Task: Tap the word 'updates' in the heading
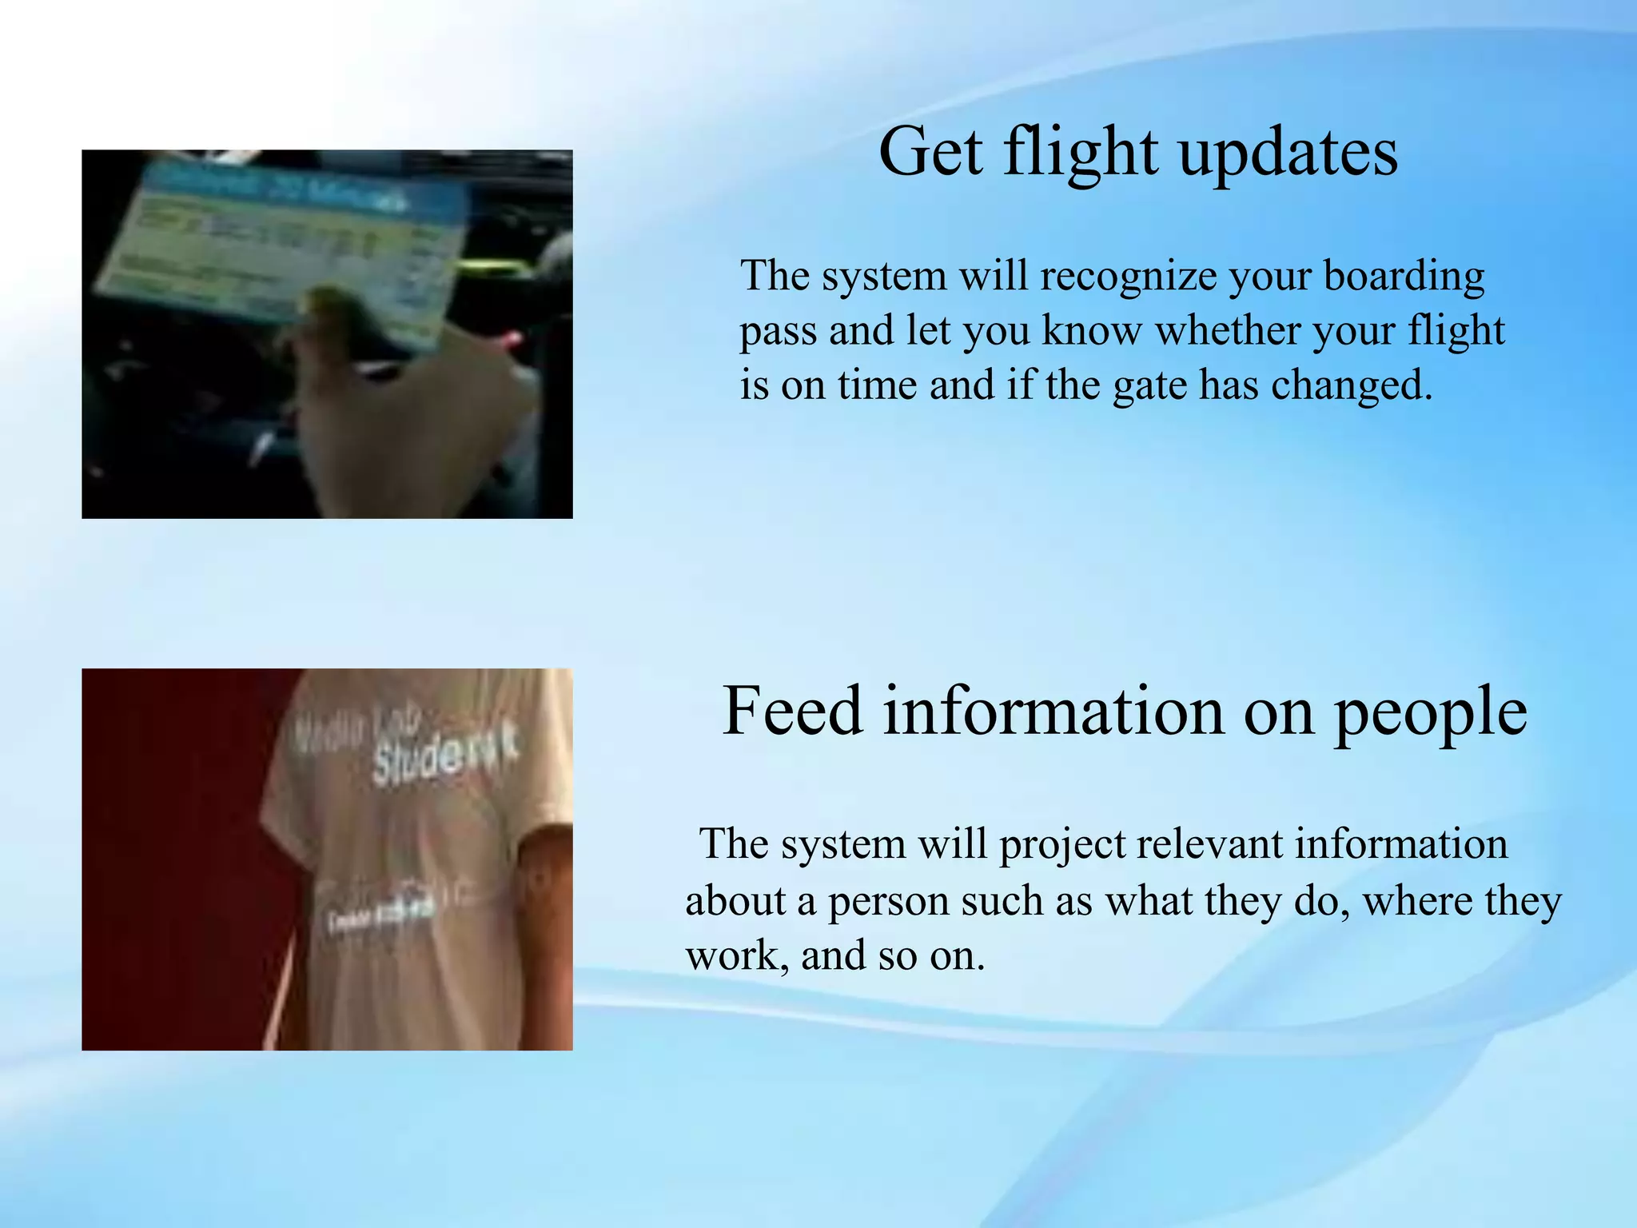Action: [x=1288, y=153]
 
